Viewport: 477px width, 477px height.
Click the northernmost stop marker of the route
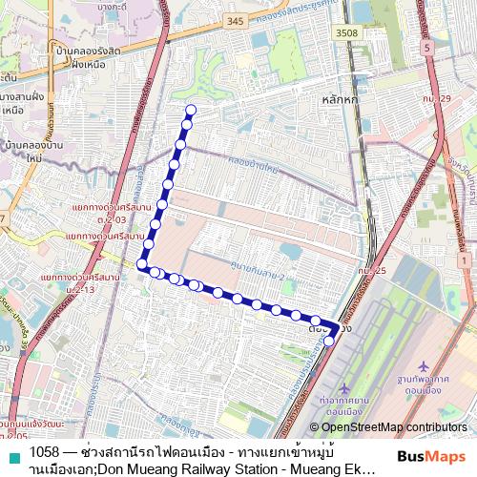(x=190, y=110)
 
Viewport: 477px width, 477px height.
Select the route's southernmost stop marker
(x=329, y=341)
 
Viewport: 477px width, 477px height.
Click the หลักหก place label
(x=341, y=98)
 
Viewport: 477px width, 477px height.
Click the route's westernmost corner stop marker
(x=142, y=263)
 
